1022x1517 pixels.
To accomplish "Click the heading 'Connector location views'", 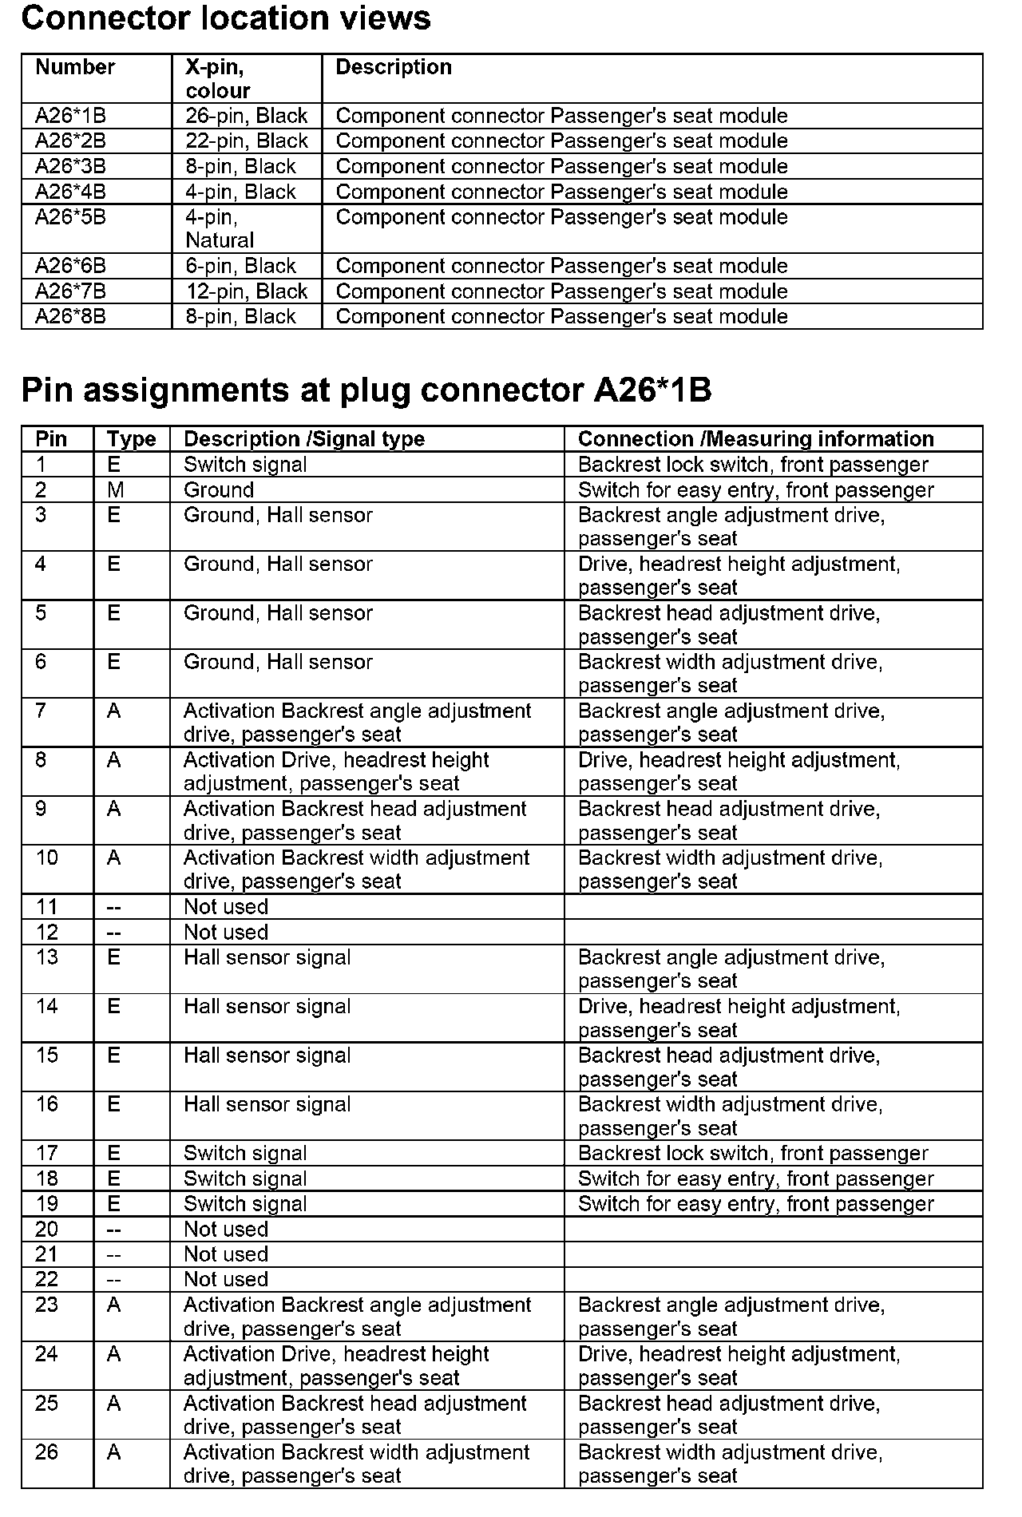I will point(226,18).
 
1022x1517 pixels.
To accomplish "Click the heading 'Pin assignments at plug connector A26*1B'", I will point(366,390).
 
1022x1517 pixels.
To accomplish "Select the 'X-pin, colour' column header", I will point(217,78).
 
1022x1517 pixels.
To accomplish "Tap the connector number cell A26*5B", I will point(70,217).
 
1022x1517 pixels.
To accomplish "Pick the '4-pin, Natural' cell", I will point(220,228).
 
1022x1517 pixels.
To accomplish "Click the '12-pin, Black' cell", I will point(247,291).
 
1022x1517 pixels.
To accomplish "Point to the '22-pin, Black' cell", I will point(247,141).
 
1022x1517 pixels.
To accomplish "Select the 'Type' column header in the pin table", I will point(131,439).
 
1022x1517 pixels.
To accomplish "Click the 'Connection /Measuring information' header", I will point(755,439).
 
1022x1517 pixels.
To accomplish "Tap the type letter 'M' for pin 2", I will point(115,490).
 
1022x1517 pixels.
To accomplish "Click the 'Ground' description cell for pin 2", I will point(219,490).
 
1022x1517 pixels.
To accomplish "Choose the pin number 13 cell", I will point(47,957).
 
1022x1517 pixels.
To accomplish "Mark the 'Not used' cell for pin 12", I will point(226,933).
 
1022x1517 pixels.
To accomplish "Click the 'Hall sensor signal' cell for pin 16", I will point(267,1105).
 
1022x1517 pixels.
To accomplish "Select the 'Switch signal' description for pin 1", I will point(245,465).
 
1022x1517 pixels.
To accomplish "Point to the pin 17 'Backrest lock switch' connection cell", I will point(753,1154).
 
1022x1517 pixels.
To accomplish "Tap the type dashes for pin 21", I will point(115,1254).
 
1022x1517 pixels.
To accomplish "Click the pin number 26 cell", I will point(47,1452).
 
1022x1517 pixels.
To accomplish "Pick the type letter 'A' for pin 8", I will point(114,760).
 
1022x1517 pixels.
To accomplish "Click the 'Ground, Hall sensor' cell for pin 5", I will point(278,613).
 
